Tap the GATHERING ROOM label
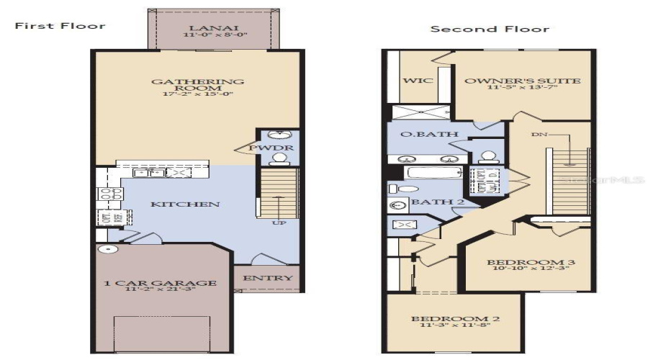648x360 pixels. (197, 86)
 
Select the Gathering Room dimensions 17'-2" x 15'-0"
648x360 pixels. (197, 94)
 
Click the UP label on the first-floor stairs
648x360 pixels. (276, 224)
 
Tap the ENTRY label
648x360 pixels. (267, 278)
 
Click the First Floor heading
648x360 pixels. (60, 26)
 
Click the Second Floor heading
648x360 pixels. (490, 30)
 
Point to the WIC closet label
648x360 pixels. (418, 81)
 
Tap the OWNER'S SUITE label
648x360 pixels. (522, 81)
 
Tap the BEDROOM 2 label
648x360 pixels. (455, 319)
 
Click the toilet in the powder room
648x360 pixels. (274, 135)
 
